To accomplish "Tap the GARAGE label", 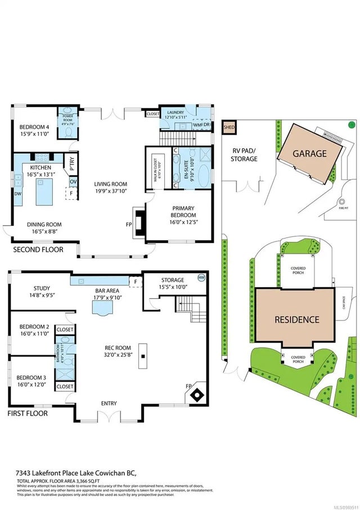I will point(309,153).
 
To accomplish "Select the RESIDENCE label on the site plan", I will point(296,319).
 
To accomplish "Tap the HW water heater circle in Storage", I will point(201,277).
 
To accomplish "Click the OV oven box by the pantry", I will point(73,181).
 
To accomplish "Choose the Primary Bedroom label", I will point(184,211).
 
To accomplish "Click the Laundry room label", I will point(175,113).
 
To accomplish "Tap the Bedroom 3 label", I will point(34,377).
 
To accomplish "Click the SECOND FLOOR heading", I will point(38,249).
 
